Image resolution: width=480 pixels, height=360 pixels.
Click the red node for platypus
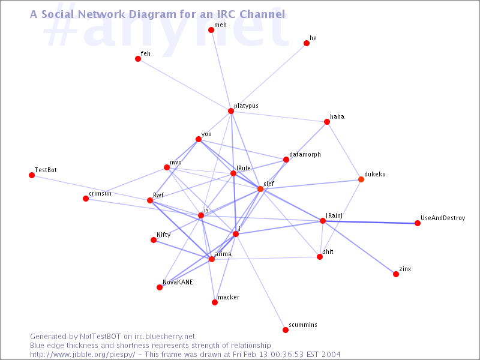click(231, 111)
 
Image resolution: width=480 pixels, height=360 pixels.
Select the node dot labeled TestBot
click(32, 175)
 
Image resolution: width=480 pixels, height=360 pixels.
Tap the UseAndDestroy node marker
click(418, 223)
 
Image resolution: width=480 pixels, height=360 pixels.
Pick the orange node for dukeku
click(361, 179)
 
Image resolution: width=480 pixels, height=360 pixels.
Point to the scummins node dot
click(286, 330)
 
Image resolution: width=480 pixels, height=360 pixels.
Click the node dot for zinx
click(396, 274)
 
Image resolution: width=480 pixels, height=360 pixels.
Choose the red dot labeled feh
click(138, 59)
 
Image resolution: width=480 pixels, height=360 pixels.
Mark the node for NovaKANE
click(160, 287)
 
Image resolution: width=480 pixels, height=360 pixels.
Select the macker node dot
click(215, 302)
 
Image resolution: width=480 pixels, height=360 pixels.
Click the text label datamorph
click(305, 155)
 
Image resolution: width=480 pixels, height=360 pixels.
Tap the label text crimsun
click(100, 194)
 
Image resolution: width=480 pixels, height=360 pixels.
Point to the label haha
click(337, 117)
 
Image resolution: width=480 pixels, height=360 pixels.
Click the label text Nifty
click(163, 235)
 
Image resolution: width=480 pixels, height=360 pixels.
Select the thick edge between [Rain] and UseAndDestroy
click(370, 222)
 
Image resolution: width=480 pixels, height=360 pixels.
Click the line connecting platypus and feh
click(184, 85)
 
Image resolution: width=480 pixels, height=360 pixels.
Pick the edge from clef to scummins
click(273, 259)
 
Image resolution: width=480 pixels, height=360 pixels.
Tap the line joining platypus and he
click(269, 77)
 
